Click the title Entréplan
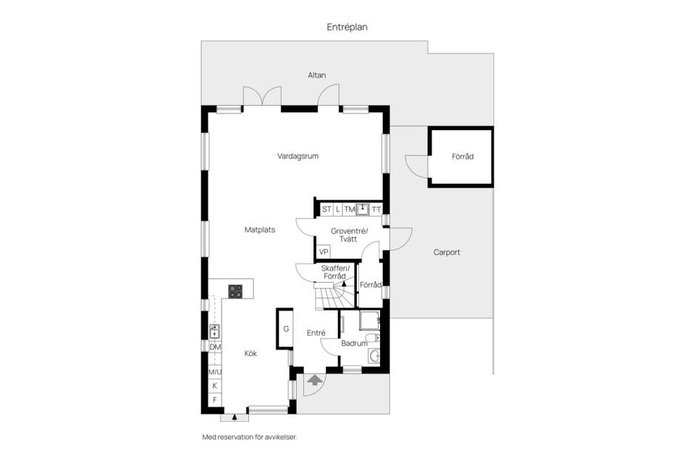[x=347, y=27]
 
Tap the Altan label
[x=316, y=75]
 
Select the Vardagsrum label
[x=298, y=156]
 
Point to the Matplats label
[x=259, y=229]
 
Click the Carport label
[x=447, y=252]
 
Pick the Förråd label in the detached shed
[x=462, y=156]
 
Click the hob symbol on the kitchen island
[x=236, y=291]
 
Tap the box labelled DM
[x=215, y=347]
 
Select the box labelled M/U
[x=215, y=372]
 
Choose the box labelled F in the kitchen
[x=215, y=399]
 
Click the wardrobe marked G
[x=286, y=329]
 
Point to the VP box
[x=324, y=252]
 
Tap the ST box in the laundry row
[x=327, y=209]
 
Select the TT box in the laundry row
[x=376, y=209]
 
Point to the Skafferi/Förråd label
[x=334, y=271]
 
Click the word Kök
[x=250, y=354]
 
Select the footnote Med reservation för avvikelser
[x=249, y=437]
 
